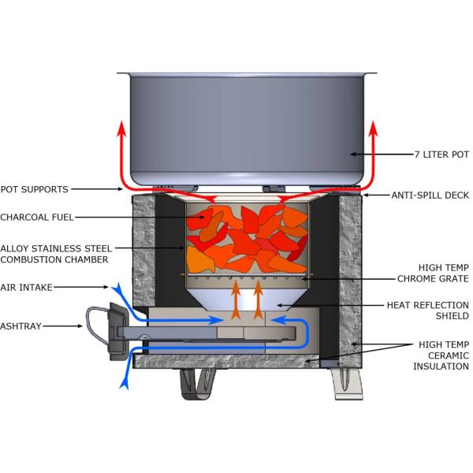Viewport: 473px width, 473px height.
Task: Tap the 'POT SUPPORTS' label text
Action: [x=35, y=189]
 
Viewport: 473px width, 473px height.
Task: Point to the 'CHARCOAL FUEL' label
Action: [x=40, y=217]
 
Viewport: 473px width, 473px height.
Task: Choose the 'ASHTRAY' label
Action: [x=24, y=324]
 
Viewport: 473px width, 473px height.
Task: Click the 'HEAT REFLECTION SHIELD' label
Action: [x=428, y=310]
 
